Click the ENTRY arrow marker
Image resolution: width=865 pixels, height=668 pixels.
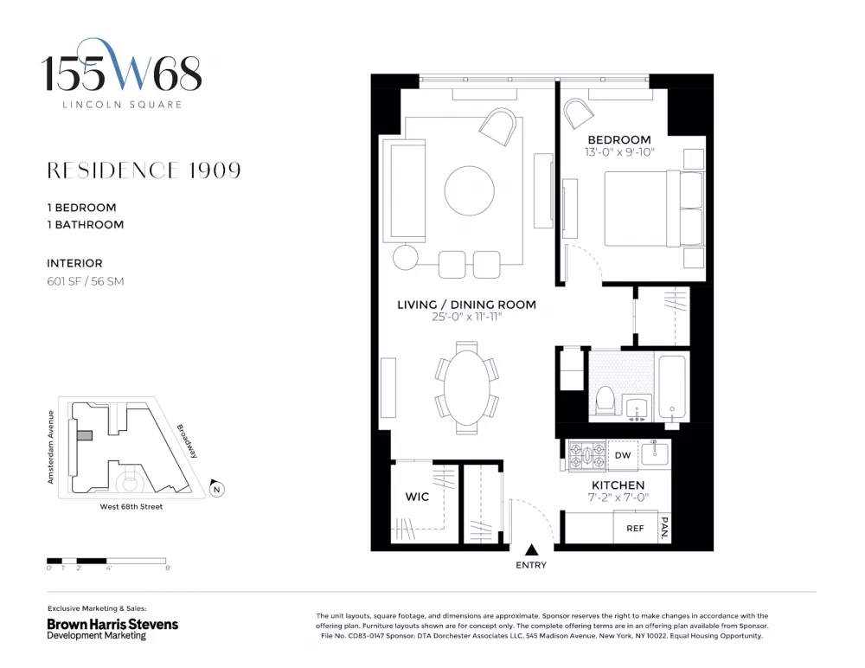pos(531,549)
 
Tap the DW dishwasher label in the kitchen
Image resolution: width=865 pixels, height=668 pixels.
pos(622,455)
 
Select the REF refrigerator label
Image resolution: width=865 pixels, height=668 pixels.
pos(635,529)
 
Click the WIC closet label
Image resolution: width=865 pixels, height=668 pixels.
pos(417,497)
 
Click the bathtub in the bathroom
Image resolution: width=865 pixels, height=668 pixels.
pos(672,389)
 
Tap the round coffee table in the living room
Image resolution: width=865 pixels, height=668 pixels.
pos(470,190)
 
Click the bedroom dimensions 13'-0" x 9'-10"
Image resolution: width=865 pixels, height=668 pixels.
pos(619,151)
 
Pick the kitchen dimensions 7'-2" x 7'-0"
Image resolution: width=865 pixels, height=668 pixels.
pos(618,498)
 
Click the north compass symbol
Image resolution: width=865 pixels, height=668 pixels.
pos(217,488)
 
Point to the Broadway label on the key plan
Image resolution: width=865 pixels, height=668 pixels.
pos(187,441)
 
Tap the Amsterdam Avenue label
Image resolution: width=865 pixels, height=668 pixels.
pos(51,447)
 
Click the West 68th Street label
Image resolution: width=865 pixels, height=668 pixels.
pos(131,507)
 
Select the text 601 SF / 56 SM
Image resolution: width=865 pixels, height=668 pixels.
pos(86,281)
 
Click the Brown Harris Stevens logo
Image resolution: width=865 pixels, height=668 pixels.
pos(112,629)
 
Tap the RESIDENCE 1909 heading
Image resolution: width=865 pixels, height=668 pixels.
pos(144,170)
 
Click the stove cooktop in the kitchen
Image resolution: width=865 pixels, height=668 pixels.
pos(587,455)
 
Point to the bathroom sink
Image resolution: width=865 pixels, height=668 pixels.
pos(638,408)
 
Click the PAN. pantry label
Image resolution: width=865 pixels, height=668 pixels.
pos(664,528)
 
